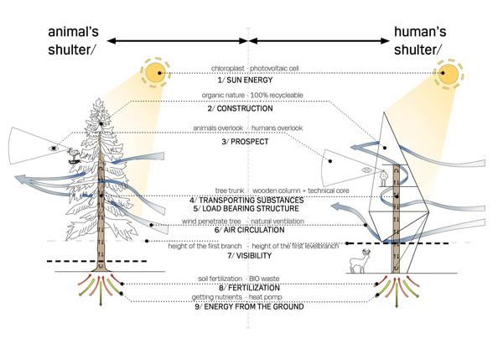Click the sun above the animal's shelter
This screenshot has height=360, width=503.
(x=155, y=73)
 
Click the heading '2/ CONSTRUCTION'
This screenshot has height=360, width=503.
(x=249, y=109)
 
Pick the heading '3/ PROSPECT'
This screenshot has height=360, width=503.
(x=249, y=142)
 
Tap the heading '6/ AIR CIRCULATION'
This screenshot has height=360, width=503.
(x=249, y=229)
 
